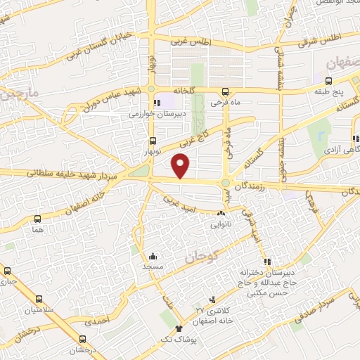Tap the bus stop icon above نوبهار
point(153,141)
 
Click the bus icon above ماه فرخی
point(225,92)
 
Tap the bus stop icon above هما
point(37,219)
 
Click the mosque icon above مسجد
point(153,257)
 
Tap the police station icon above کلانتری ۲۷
point(212,300)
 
